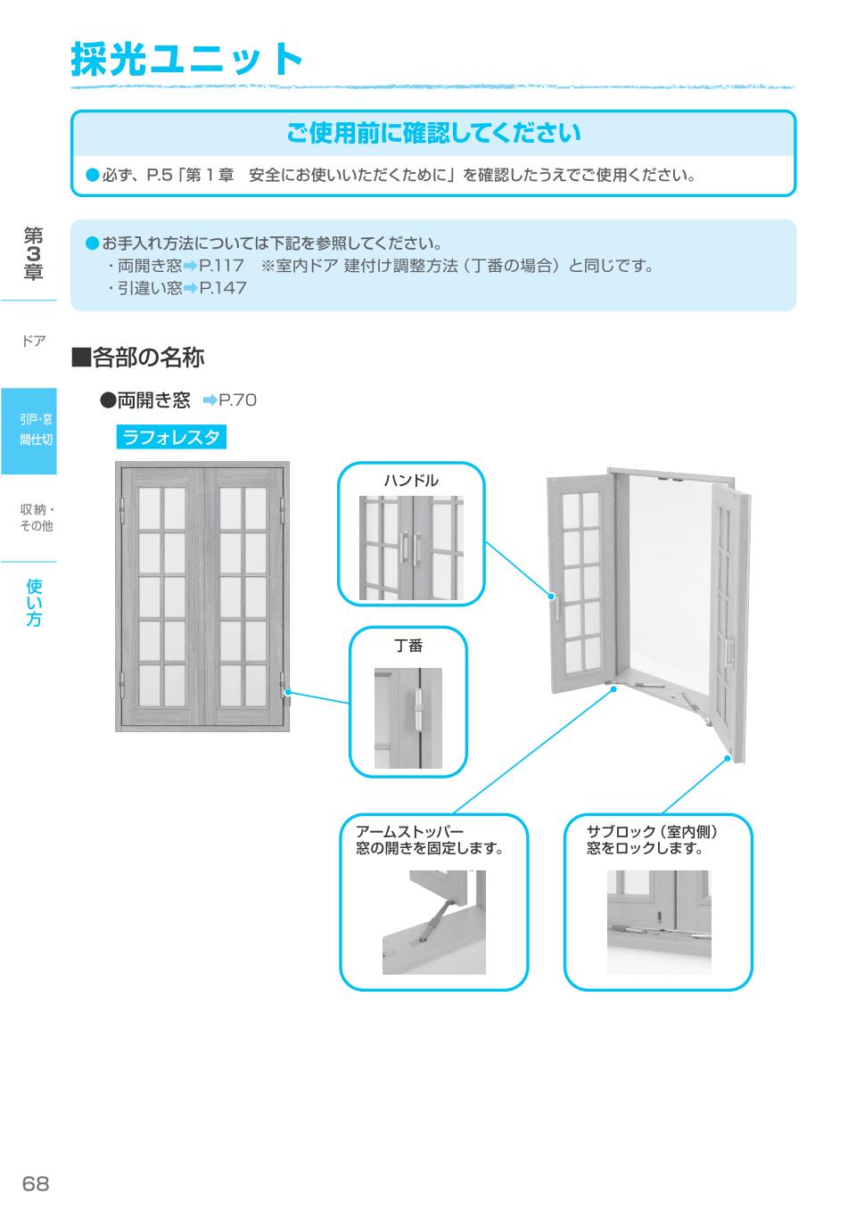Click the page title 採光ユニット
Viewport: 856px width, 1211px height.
[187, 60]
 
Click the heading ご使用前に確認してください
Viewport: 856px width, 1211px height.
[433, 133]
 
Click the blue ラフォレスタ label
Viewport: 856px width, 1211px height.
[171, 437]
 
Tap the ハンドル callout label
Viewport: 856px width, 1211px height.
[411, 481]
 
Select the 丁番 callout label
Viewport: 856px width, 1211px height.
[408, 645]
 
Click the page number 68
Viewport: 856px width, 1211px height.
[36, 1183]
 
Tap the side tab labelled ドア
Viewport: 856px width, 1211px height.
[33, 342]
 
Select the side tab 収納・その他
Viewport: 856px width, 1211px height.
[36, 517]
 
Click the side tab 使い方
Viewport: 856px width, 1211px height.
[34, 602]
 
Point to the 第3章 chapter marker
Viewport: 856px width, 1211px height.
[33, 254]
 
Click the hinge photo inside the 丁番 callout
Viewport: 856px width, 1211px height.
[408, 717]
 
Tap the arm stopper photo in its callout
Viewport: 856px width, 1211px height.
[434, 922]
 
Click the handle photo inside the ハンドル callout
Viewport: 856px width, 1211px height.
[411, 548]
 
